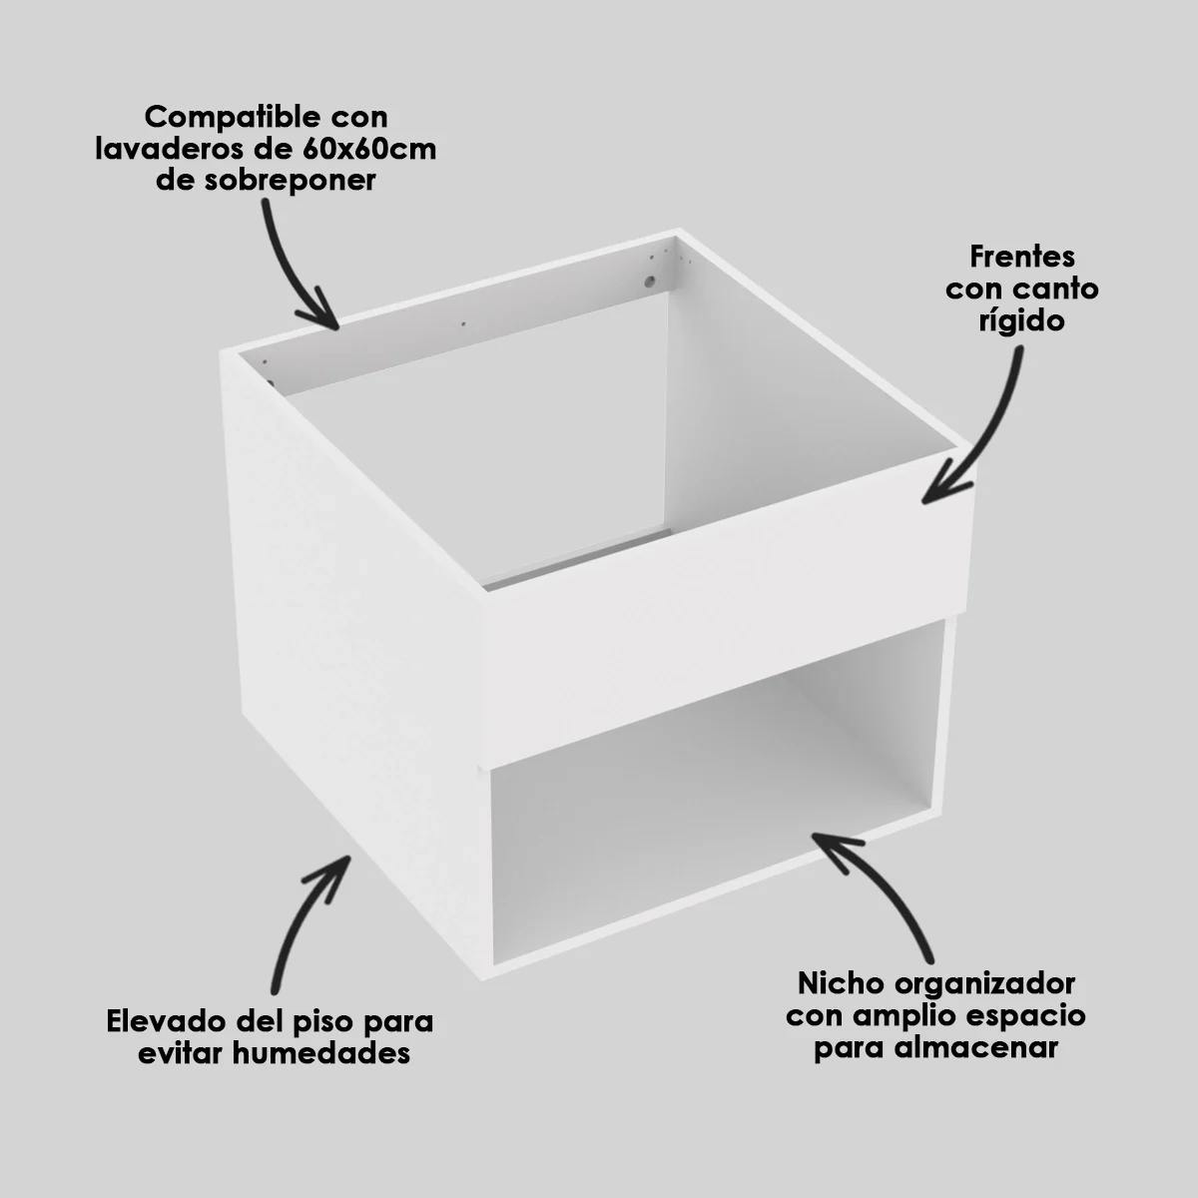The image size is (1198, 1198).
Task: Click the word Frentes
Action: click(x=1022, y=257)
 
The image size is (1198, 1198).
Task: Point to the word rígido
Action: click(x=1022, y=321)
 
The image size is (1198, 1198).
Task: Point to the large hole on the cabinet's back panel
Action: click(x=650, y=283)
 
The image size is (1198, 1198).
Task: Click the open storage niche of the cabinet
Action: click(x=714, y=789)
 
